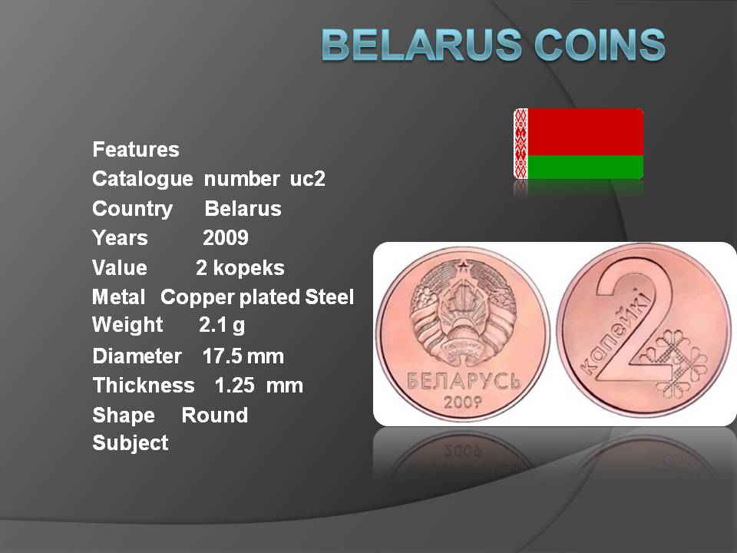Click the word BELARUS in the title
click(421, 45)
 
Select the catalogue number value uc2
click(307, 179)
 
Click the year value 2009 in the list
click(226, 238)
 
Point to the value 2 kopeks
click(240, 267)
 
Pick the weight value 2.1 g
click(222, 325)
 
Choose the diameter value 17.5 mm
click(243, 356)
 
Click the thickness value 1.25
click(235, 386)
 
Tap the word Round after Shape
click(215, 416)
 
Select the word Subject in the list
click(131, 443)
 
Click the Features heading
click(136, 150)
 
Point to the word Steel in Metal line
click(329, 296)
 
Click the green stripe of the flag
click(585, 167)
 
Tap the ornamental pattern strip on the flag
click(521, 144)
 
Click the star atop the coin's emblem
click(462, 268)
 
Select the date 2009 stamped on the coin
click(463, 402)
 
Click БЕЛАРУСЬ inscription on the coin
click(464, 380)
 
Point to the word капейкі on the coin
click(616, 332)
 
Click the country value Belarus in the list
click(243, 208)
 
